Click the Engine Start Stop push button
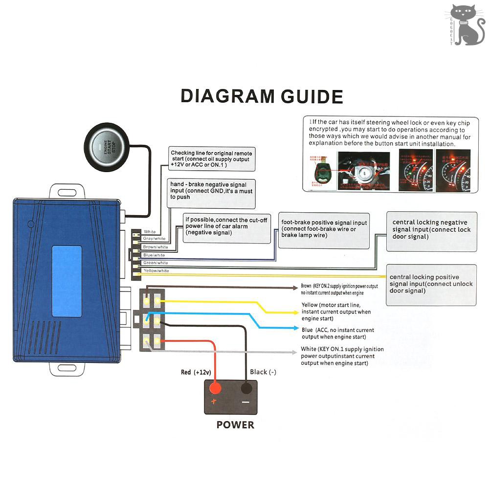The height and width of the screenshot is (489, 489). tap(108, 146)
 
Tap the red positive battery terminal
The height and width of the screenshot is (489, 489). tap(214, 389)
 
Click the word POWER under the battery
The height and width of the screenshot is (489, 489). tap(235, 424)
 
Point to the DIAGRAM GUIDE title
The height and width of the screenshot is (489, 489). tap(262, 95)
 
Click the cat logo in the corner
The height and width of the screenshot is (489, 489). tap(467, 24)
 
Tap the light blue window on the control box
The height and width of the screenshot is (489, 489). tap(67, 281)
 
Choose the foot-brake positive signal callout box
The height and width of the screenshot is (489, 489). tap(324, 229)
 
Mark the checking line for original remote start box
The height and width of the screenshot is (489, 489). tap(212, 159)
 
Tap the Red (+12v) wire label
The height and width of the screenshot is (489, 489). tap(196, 372)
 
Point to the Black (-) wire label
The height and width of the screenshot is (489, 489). tap(263, 372)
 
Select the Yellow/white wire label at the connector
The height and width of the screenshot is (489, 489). tap(156, 270)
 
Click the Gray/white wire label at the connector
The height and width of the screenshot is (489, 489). tap(154, 239)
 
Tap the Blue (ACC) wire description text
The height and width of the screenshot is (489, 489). tap(338, 333)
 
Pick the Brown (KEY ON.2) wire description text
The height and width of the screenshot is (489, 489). tap(339, 289)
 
